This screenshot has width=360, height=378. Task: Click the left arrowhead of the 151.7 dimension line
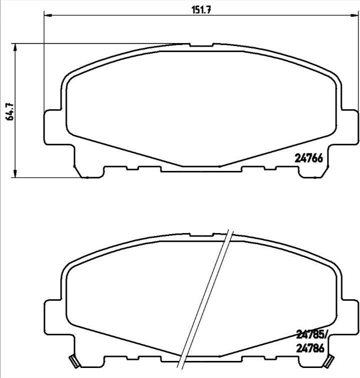48,16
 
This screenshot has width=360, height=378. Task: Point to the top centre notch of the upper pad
202,46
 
